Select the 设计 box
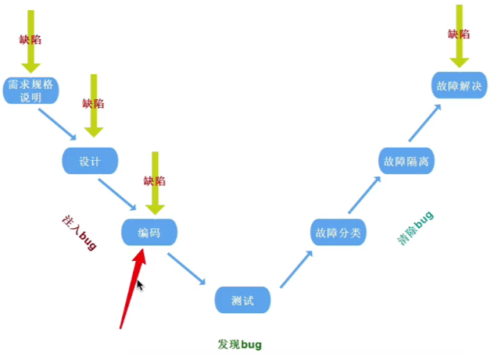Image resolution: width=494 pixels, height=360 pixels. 89,162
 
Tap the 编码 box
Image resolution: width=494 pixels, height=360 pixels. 149,233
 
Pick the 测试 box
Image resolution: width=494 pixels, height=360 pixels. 242,300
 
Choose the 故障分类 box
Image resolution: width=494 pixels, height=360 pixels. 338,233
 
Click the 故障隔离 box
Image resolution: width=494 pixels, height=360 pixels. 406,162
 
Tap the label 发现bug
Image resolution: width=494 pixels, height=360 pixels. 240,344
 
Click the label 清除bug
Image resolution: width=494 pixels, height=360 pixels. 415,228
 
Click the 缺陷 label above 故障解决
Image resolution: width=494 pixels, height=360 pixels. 459,34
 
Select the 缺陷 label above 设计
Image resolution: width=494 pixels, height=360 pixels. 93,103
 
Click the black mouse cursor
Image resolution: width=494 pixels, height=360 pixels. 140,286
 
